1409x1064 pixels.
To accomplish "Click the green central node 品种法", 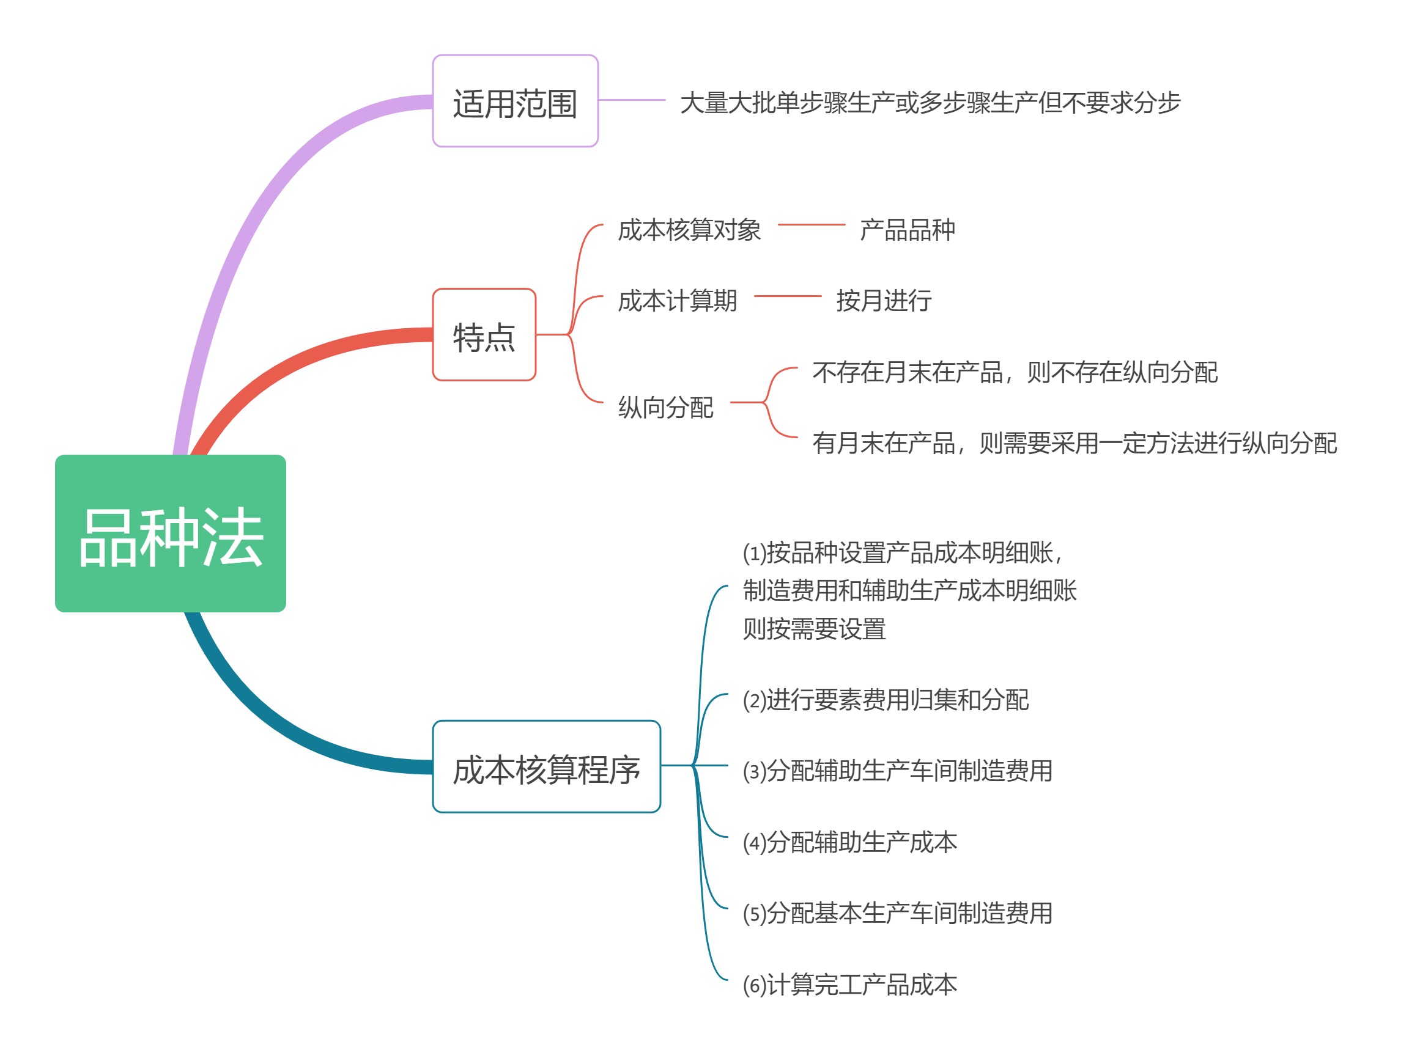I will coord(170,534).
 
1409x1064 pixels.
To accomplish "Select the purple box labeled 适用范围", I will coord(515,101).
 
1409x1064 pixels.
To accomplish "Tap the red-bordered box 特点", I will coord(484,335).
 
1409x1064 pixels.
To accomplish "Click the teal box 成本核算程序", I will coord(546,766).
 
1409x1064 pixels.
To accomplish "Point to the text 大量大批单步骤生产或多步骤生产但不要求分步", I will coord(930,103).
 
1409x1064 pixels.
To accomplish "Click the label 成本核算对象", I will coord(689,230).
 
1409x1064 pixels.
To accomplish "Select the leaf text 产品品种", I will coord(907,230).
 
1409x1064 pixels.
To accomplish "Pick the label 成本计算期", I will coord(677,301).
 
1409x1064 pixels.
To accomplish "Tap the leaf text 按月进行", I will coord(884,301).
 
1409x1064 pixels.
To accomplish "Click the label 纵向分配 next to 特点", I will coord(665,408).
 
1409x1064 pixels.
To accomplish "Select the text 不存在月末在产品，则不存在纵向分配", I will coord(1015,373).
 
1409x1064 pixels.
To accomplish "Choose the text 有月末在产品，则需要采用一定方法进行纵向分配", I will coord(1074,443).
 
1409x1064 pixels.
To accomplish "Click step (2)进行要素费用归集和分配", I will coord(886,700).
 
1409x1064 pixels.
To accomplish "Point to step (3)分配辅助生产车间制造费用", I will coord(898,771).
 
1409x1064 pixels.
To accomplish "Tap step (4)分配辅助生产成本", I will coord(849,842).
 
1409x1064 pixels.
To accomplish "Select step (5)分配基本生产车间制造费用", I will coord(898,913).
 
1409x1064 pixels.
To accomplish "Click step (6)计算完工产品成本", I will coord(849,985).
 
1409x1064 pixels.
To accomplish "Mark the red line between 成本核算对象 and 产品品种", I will coord(811,225).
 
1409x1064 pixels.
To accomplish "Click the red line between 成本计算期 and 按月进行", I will coord(787,296).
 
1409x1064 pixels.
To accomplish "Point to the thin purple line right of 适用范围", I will coord(631,100).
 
